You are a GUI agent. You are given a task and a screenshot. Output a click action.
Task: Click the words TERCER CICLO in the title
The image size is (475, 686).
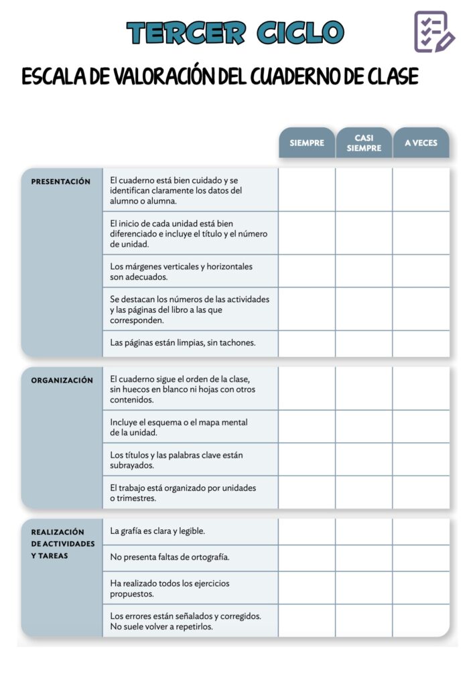pyautogui.click(x=235, y=32)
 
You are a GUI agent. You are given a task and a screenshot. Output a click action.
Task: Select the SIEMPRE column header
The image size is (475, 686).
pyautogui.click(x=307, y=143)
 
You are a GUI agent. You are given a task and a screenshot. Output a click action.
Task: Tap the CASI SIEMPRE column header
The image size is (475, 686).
pyautogui.click(x=364, y=143)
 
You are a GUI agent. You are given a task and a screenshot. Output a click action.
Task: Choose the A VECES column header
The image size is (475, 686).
pyautogui.click(x=421, y=143)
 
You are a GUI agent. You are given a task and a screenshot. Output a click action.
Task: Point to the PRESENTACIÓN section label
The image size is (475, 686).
pyautogui.click(x=61, y=182)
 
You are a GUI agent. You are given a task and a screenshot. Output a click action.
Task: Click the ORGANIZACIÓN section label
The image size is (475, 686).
pyautogui.click(x=62, y=381)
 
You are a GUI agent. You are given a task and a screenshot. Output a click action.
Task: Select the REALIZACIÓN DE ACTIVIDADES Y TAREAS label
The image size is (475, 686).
pyautogui.click(x=62, y=543)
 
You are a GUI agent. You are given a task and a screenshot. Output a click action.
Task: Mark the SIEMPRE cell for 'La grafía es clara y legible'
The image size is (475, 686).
pyautogui.click(x=307, y=531)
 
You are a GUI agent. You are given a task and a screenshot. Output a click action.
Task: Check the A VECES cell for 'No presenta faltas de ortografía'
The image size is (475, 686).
pyautogui.click(x=421, y=557)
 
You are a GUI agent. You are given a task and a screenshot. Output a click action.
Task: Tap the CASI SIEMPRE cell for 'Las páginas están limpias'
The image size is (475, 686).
pyautogui.click(x=364, y=343)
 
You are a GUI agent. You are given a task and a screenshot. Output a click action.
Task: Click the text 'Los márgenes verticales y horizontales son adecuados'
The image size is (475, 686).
pyautogui.click(x=182, y=271)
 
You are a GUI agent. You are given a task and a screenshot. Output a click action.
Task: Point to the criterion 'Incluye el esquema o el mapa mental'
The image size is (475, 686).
pyautogui.click(x=179, y=427)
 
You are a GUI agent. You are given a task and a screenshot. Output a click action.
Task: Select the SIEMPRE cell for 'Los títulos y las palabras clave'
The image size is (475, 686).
pyautogui.click(x=307, y=460)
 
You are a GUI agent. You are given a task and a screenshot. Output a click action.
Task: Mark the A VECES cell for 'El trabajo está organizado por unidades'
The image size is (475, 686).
pyautogui.click(x=421, y=492)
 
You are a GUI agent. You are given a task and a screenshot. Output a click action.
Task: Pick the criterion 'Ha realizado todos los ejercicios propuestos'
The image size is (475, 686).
pyautogui.click(x=169, y=588)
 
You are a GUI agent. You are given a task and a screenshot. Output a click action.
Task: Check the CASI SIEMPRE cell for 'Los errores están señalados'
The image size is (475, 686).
pyautogui.click(x=364, y=621)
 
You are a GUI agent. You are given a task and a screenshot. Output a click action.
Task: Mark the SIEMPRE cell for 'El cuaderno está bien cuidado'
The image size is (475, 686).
pyautogui.click(x=307, y=190)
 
